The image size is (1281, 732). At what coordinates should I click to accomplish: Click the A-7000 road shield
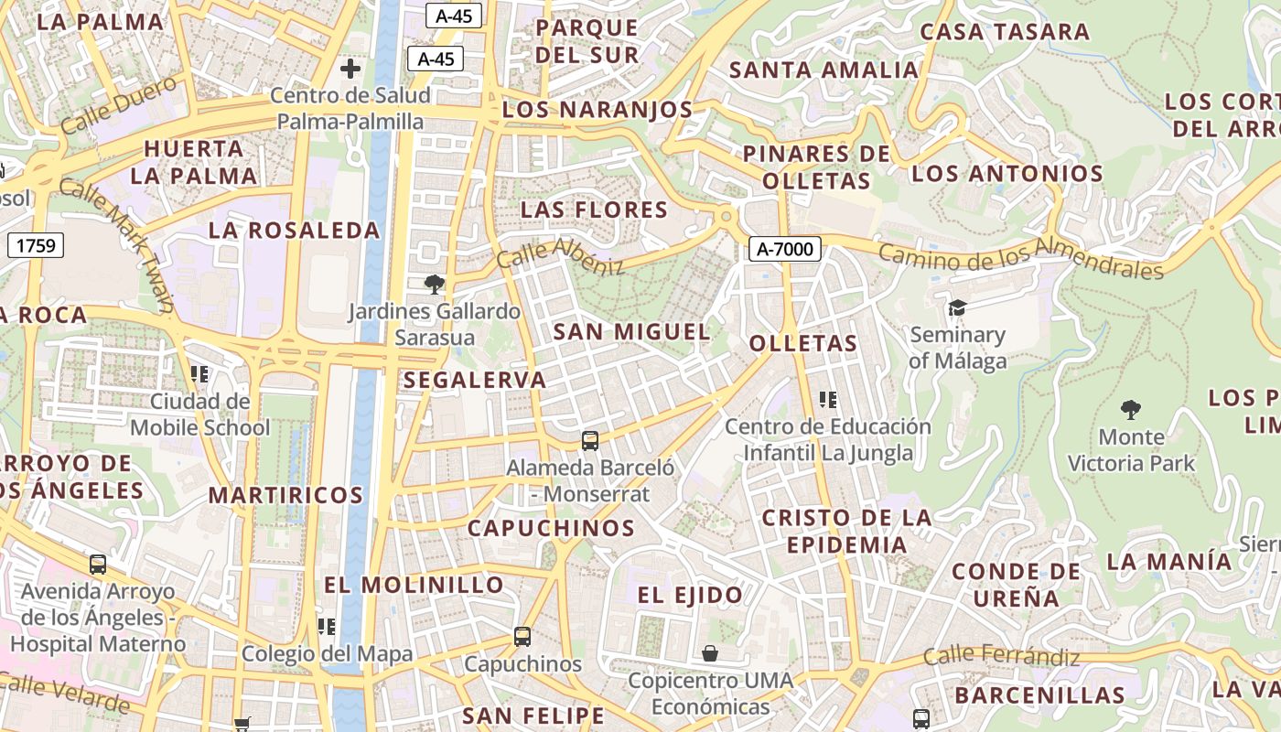[785, 248]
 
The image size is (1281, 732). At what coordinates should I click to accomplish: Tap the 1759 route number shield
[36, 245]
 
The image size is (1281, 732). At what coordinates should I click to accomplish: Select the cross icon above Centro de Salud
[350, 69]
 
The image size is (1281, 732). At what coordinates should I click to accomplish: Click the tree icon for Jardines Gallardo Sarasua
[434, 285]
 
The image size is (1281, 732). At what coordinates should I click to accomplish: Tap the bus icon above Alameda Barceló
[590, 441]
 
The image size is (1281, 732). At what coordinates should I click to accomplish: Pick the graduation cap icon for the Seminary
[957, 307]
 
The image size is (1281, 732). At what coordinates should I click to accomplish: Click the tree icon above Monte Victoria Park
[1131, 409]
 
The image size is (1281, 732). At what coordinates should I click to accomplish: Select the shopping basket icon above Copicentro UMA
[710, 653]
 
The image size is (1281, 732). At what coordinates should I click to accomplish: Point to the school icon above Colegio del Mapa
[327, 627]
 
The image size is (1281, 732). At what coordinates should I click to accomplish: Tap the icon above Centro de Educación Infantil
[828, 399]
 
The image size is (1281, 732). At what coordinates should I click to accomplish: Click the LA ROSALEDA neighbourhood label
[294, 231]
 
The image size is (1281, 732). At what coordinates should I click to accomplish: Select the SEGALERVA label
[474, 380]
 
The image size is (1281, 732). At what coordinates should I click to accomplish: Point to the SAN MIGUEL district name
[631, 332]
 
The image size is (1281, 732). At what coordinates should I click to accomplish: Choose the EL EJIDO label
[690, 596]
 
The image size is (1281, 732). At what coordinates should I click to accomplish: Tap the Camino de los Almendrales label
[1020, 259]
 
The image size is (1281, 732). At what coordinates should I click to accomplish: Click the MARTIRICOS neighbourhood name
[285, 496]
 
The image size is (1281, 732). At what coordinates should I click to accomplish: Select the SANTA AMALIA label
[823, 70]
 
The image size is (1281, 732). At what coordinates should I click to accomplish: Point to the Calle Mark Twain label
[116, 243]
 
